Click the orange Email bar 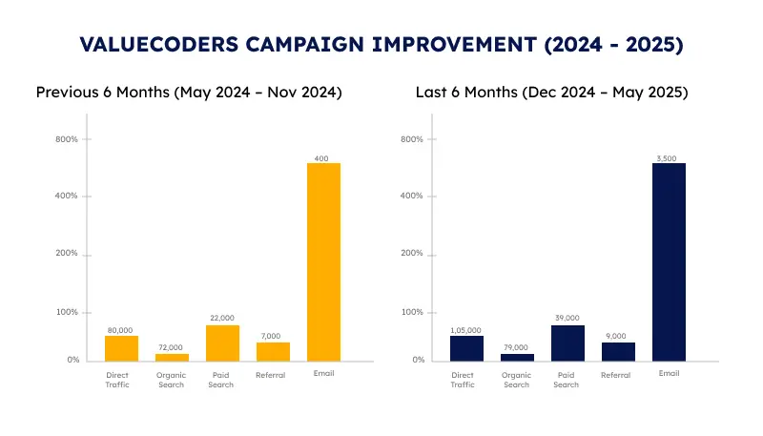pos(324,261)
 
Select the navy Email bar pos(670,261)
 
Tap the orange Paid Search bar pos(222,343)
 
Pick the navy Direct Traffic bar pos(467,348)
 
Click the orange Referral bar pos(273,351)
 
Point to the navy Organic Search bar pos(517,357)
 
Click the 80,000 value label pos(121,328)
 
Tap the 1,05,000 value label pos(466,328)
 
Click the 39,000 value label pos(567,318)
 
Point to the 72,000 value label pos(172,346)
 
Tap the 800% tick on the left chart pos(67,139)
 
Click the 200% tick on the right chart pos(412,255)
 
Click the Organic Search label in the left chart pos(172,380)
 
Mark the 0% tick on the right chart pos(416,361)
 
